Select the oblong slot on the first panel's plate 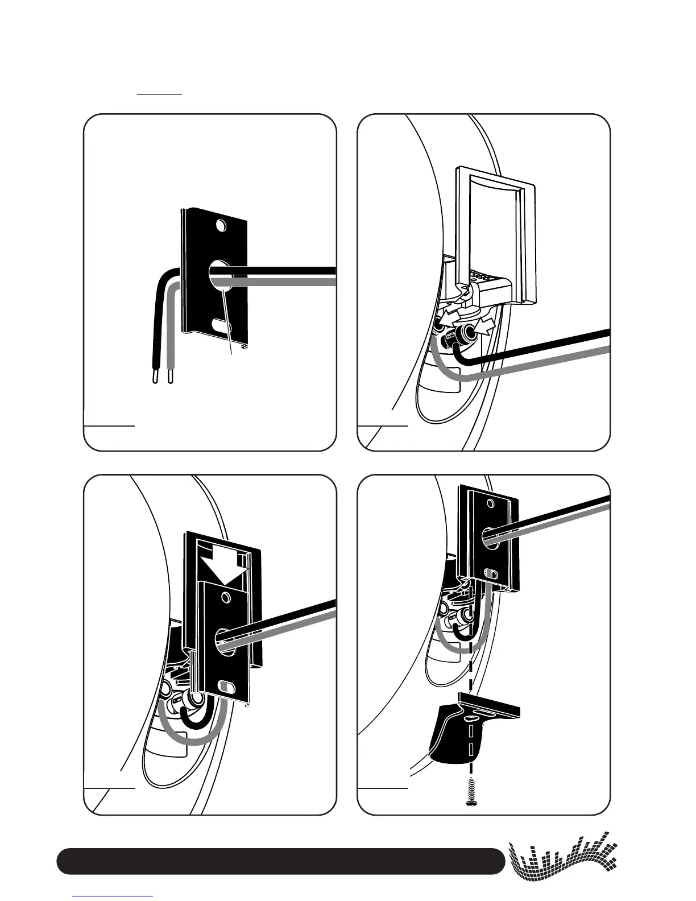tap(219, 325)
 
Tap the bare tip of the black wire tap(155, 378)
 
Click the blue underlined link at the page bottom tap(113, 896)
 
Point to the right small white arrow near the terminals tap(487, 325)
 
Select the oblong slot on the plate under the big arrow tap(226, 685)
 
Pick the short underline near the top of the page tap(160, 94)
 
